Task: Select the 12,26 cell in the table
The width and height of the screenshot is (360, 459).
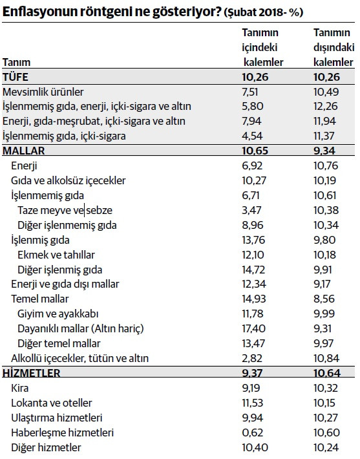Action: point(326,106)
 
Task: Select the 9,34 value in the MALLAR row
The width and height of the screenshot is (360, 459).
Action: point(326,151)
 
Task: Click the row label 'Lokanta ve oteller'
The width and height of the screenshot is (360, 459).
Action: point(52,403)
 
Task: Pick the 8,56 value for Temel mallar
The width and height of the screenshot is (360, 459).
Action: point(326,299)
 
